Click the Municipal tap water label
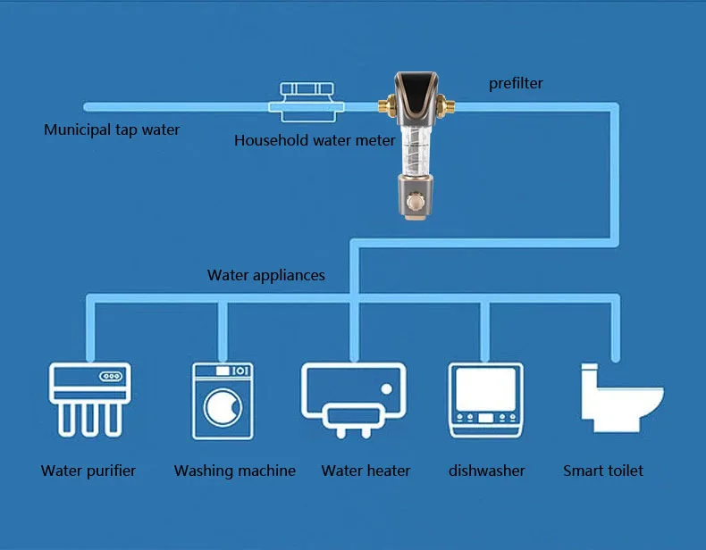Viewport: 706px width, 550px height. (x=112, y=130)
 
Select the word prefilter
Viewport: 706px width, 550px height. (x=516, y=84)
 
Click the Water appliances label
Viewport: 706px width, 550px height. (x=266, y=275)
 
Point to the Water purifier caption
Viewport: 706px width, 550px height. (x=88, y=471)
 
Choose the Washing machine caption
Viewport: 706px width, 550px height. (x=235, y=471)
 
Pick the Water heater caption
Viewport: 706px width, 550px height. (x=366, y=471)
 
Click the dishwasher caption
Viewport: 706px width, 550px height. (x=487, y=471)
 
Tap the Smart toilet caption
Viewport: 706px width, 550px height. (x=603, y=471)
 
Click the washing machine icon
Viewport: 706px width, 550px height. (x=223, y=399)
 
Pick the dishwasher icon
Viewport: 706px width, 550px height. (x=484, y=399)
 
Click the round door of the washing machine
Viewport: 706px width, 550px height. (x=223, y=407)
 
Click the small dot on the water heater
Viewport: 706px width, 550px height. (x=385, y=388)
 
